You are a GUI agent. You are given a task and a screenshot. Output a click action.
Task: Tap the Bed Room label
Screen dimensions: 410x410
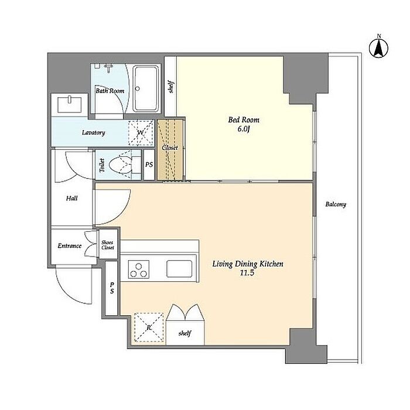coord(244,120)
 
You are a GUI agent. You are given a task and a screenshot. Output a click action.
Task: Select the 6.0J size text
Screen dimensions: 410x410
coord(244,129)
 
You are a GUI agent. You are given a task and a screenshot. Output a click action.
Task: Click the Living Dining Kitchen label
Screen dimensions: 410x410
coord(248,264)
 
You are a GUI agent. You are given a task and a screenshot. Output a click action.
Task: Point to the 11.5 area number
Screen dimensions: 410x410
coord(247,273)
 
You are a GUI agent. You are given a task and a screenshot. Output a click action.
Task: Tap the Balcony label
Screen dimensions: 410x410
coord(336,204)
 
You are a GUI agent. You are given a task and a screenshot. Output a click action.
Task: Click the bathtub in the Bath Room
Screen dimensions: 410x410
coord(146,89)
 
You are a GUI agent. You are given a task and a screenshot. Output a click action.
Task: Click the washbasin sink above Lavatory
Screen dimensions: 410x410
coord(69,104)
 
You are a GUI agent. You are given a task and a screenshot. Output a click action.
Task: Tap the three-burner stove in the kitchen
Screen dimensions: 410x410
coord(139,269)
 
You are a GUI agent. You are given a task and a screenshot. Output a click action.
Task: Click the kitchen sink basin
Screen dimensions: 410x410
coord(179,269)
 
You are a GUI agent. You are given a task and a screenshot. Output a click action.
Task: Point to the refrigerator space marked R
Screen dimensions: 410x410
coord(149,327)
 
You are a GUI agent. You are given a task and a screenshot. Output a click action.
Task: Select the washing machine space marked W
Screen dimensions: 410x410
coord(141,132)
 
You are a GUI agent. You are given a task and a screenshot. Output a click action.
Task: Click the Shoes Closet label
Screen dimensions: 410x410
coord(107,245)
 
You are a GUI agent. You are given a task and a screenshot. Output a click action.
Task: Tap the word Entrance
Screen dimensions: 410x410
coord(70,246)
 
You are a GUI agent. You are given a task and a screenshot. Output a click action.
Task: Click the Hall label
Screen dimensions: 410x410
coord(71,198)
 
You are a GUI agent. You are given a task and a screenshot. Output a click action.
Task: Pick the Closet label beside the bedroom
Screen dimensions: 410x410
coord(170,148)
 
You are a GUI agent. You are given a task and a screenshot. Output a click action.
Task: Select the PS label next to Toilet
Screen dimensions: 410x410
coord(149,165)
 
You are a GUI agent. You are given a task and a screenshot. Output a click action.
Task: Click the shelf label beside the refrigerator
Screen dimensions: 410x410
coord(185,333)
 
